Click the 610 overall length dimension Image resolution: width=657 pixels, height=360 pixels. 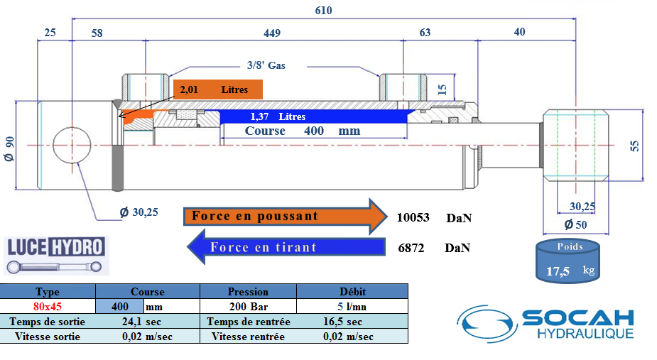(x=323, y=11)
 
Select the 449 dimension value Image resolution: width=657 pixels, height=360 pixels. (x=272, y=33)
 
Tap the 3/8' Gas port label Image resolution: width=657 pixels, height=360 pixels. (x=266, y=65)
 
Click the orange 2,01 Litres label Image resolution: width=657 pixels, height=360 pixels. (x=218, y=89)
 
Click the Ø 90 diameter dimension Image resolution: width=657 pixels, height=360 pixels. (x=9, y=151)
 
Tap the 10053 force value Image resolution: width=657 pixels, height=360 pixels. (x=413, y=218)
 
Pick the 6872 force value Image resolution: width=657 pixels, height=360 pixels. (x=413, y=248)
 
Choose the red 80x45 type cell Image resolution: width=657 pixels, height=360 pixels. (x=48, y=307)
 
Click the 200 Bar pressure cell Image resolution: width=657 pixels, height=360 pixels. (x=248, y=307)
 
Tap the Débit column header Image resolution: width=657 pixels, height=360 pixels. (x=352, y=291)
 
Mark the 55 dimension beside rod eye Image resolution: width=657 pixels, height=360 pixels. (x=635, y=145)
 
